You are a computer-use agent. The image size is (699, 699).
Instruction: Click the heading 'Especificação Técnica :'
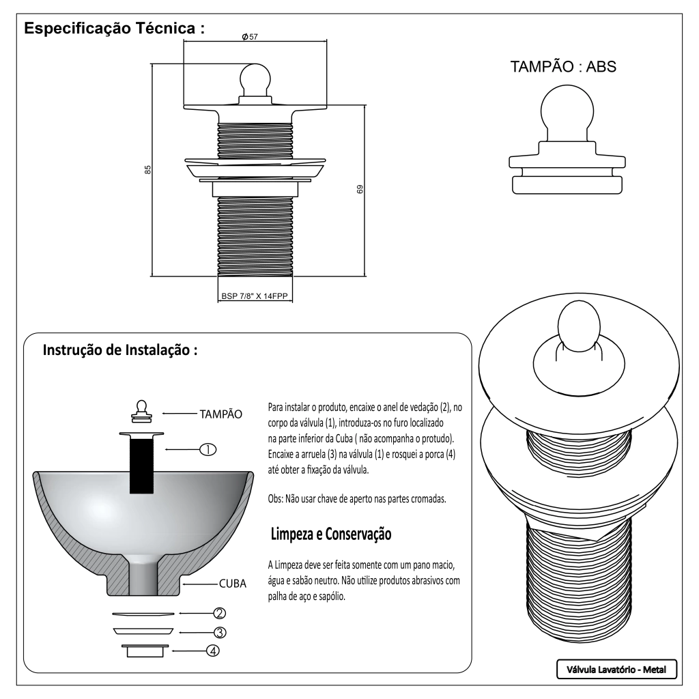[x=114, y=30]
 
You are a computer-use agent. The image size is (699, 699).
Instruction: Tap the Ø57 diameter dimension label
[x=250, y=37]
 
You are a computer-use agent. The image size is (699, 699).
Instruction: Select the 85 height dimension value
[x=147, y=170]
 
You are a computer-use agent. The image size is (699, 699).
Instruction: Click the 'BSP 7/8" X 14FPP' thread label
[x=255, y=297]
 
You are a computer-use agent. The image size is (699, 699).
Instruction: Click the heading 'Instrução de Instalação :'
[x=120, y=351]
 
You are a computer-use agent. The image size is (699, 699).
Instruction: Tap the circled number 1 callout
[x=208, y=449]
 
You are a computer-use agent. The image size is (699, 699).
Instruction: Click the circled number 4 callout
[x=214, y=651]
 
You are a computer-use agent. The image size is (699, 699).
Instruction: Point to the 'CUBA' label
[x=232, y=584]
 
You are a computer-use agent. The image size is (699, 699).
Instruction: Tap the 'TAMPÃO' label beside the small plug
[x=220, y=414]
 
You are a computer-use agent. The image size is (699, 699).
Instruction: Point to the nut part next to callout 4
[x=143, y=649]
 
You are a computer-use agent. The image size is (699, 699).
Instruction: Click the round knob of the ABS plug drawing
[x=565, y=109]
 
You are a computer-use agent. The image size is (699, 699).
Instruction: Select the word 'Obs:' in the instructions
[x=278, y=498]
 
